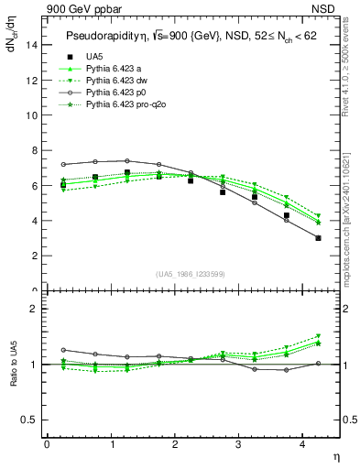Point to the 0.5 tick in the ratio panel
[30, 420]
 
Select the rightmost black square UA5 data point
[318, 238]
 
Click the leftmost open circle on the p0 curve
[63, 165]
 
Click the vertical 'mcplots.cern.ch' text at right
[351, 220]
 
